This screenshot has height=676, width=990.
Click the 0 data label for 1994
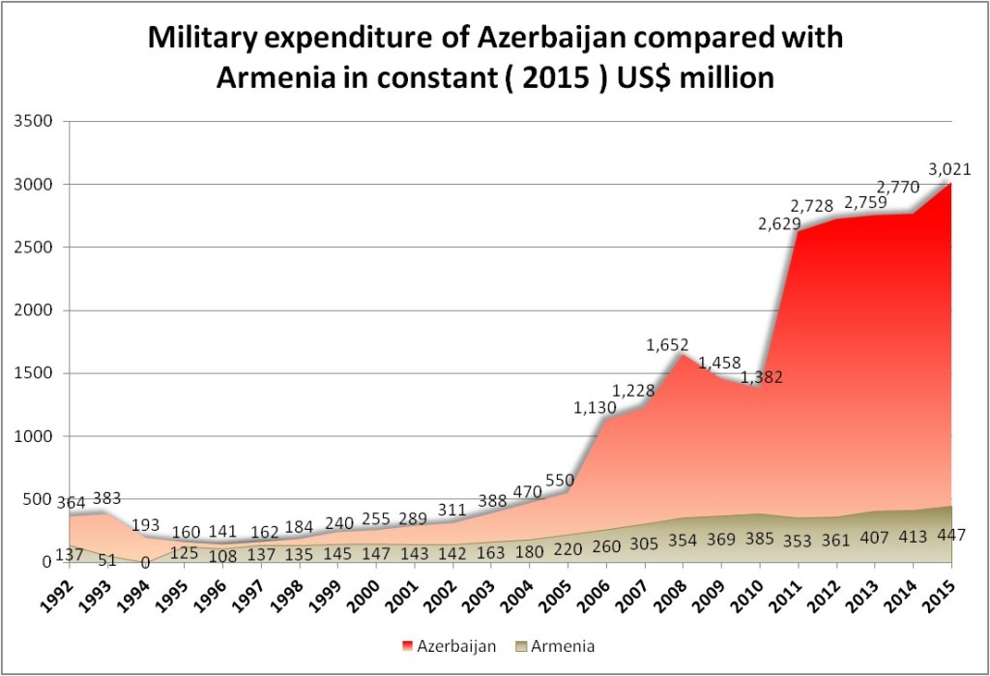click(x=145, y=562)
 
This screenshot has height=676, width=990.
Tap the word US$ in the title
click(x=632, y=76)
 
